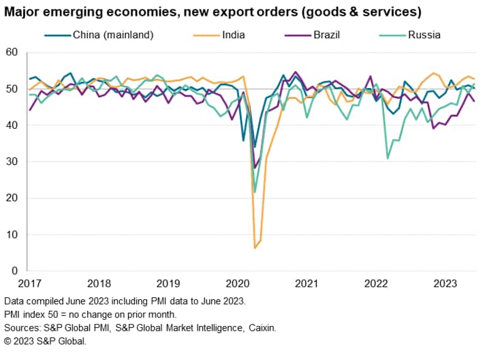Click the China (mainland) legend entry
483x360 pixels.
[112, 35]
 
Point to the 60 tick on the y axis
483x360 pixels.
[12, 53]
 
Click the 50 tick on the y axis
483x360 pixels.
[12, 89]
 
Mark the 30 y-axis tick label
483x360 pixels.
[12, 162]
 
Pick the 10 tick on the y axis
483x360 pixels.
[12, 235]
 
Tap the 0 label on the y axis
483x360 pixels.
[14, 271]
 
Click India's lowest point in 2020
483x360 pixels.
[255, 247]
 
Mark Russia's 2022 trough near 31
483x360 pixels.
[388, 158]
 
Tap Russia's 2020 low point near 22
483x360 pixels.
[255, 192]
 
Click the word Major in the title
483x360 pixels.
[22, 12]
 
